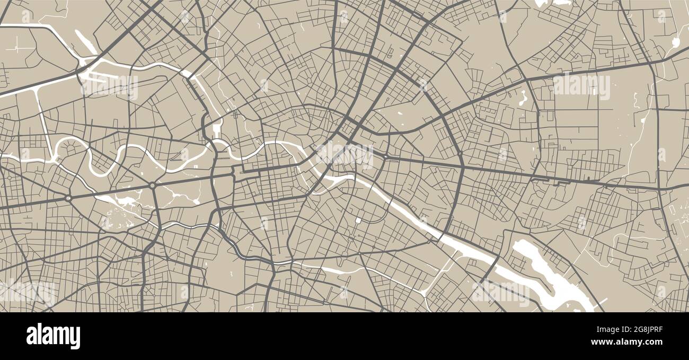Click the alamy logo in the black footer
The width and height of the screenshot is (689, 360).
53,336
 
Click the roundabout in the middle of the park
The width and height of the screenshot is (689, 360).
153,186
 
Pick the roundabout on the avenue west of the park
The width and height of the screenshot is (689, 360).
68,198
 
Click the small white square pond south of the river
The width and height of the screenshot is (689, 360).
359,219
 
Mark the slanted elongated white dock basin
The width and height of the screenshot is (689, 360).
85,41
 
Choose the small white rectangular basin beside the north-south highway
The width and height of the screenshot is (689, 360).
216,128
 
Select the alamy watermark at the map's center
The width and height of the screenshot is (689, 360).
344,154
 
